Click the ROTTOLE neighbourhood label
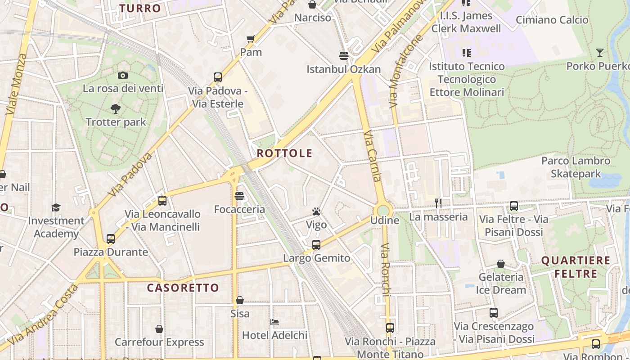[284, 153]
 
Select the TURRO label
[140, 8]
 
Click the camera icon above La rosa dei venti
[122, 76]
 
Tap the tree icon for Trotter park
[116, 108]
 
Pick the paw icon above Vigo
[316, 211]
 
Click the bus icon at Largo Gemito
[316, 245]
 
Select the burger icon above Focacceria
[239, 196]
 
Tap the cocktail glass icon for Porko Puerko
[599, 53]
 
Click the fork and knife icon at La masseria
[438, 203]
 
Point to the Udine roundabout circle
[383, 210]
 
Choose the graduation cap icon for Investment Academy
[56, 207]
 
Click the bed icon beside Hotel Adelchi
[274, 322]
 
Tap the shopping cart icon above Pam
[251, 39]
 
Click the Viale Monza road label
[17, 85]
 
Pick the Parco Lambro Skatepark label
[576, 167]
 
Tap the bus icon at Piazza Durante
[111, 238]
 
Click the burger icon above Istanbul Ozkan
[344, 56]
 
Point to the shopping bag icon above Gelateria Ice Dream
[501, 264]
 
